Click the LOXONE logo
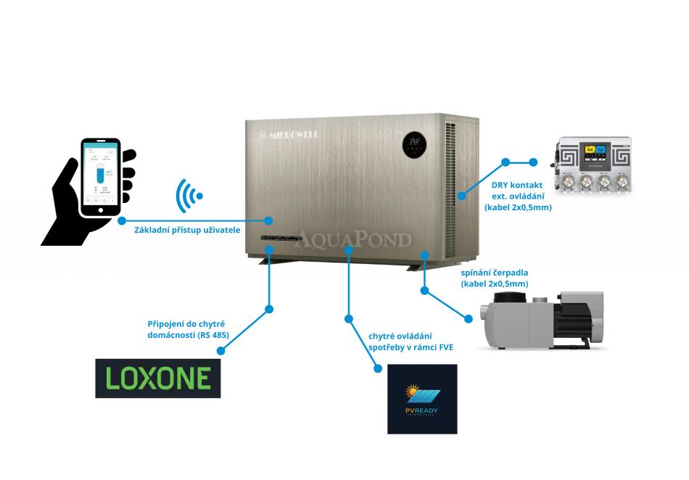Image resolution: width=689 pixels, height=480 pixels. pos(157,377)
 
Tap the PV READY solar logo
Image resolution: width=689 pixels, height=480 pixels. pos(422,399)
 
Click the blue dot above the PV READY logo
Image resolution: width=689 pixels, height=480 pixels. pos(377,368)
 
